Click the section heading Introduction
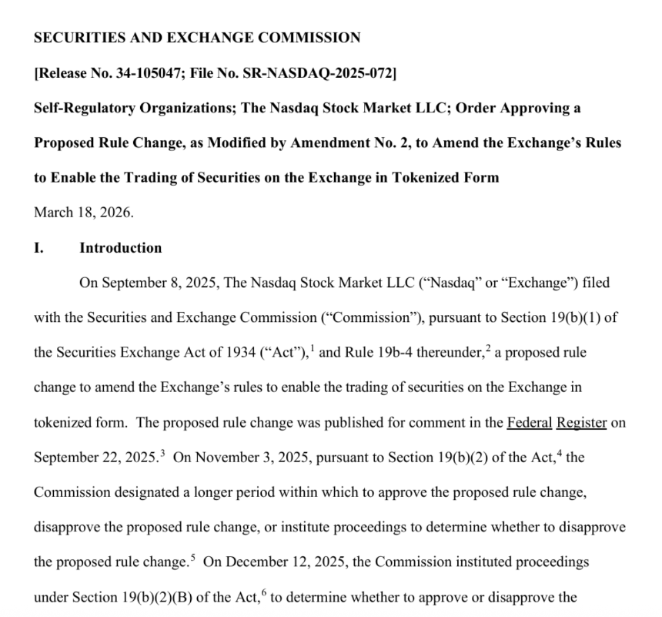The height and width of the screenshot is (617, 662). pyautogui.click(x=120, y=248)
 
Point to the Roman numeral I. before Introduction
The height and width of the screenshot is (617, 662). pyautogui.click(x=39, y=248)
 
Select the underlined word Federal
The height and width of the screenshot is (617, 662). pyautogui.click(x=530, y=423)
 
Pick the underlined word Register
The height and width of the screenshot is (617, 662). pyautogui.click(x=582, y=423)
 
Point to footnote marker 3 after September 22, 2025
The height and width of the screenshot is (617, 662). pyautogui.click(x=162, y=453)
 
